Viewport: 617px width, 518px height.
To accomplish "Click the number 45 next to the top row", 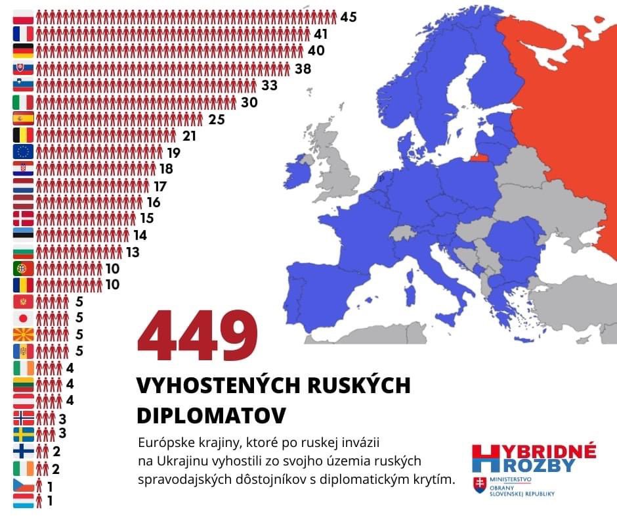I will point(349,17).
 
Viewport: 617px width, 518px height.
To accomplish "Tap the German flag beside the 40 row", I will point(23,51).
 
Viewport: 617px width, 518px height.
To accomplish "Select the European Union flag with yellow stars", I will point(23,152).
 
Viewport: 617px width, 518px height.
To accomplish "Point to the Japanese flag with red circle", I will point(23,318).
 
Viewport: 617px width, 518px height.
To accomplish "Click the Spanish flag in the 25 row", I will point(23,119).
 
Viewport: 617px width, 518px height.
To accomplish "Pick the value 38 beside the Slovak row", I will point(303,68).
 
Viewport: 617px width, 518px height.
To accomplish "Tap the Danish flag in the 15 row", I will point(23,218).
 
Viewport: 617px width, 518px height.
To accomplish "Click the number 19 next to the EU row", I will point(173,153).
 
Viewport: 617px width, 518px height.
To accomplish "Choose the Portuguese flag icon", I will point(23,268).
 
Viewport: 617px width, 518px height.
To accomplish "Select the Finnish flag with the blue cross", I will point(23,451).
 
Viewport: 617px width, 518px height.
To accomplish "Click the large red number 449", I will point(197,337).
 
